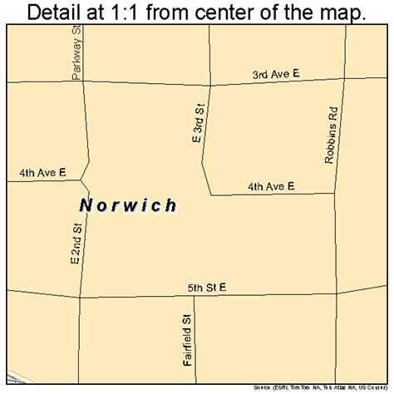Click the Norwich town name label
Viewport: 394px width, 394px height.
130,205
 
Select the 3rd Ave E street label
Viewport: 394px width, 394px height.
276,75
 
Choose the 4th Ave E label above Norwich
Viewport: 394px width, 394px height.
42,173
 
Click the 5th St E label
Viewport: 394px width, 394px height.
206,288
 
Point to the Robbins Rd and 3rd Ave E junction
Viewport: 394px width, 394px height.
340,79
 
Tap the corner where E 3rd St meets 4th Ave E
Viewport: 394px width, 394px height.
209,195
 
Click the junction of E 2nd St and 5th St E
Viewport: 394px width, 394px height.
80,298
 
